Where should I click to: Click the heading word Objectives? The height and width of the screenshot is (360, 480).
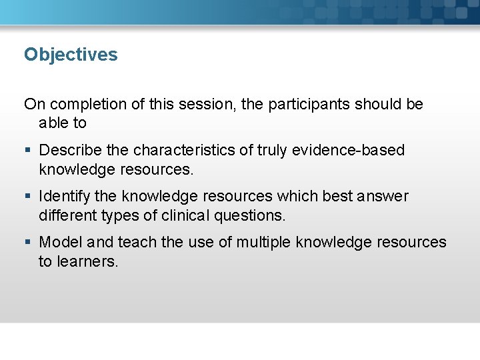pyautogui.click(x=71, y=55)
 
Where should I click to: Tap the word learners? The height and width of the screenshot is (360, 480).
pyautogui.click(x=87, y=262)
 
